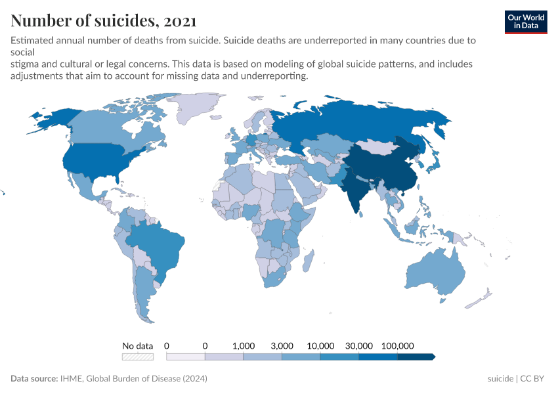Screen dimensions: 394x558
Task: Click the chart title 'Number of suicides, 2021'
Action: point(103,20)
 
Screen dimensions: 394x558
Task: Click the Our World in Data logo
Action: point(525,22)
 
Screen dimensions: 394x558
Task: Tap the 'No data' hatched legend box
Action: point(137,357)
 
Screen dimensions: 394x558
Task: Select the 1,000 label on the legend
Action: point(244,345)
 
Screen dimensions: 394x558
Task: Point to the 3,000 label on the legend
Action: point(282,345)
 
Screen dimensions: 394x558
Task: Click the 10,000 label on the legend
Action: point(320,345)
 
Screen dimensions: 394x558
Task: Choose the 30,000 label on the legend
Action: point(359,345)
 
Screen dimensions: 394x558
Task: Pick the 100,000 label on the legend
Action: point(397,345)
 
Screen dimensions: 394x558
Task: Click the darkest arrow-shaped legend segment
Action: point(416,357)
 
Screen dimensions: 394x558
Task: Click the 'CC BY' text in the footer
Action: point(533,379)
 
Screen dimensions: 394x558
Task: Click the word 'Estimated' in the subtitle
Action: point(32,41)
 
